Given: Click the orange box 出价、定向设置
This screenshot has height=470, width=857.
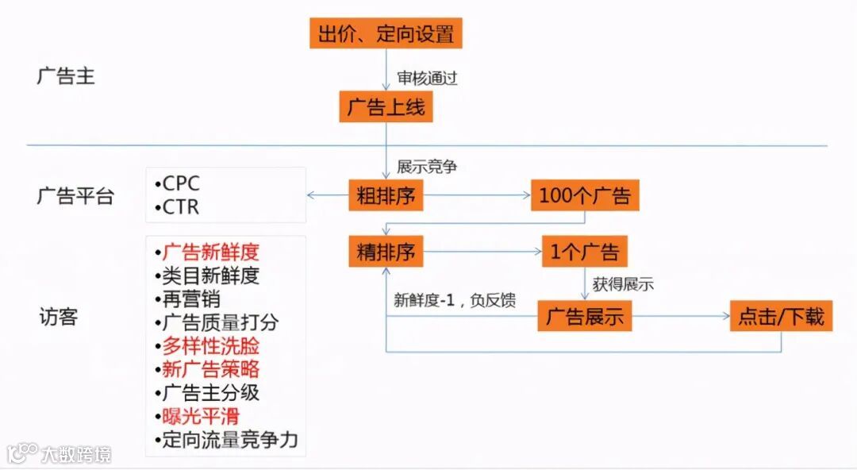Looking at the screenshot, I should coord(386,34).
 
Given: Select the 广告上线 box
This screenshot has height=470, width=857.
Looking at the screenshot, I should coord(386,107).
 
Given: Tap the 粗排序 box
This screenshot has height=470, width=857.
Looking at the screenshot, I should coord(386,195).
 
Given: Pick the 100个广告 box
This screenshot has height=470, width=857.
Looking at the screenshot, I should coord(585,195).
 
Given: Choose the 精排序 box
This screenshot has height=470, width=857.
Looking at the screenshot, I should coord(386,252).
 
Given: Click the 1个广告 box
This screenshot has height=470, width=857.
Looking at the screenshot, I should coord(585,252).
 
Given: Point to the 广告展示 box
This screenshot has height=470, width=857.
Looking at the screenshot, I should coord(585,318).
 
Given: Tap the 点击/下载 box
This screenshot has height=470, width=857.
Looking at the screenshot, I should coord(782,318).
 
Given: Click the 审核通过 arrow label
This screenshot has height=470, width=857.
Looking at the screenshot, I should coord(428,79).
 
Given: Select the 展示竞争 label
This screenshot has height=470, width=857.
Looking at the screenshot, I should coord(427,168).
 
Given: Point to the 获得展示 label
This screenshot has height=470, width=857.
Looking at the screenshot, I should coord(623,284).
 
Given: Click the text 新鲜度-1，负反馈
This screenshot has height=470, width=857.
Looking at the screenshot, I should coord(455,300).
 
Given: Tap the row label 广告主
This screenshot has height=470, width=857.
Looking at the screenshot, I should coord(66,76).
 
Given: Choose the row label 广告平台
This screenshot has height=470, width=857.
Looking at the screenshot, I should coord(75,196).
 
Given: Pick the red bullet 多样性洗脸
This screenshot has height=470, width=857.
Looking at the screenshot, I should coord(210,346).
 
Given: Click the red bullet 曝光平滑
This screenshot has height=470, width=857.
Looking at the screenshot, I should coord(201,416).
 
